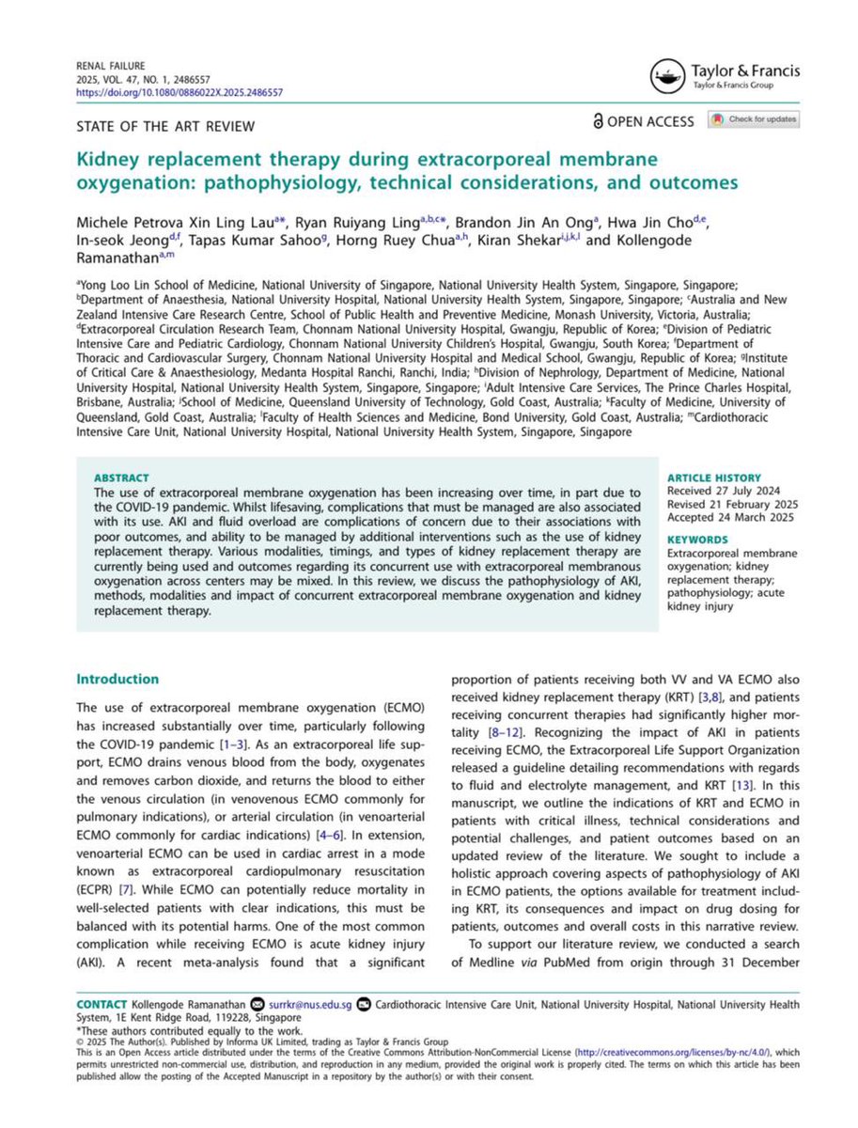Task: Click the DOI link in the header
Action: (178, 93)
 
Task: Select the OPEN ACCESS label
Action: (643, 121)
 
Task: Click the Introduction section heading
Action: (117, 679)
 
